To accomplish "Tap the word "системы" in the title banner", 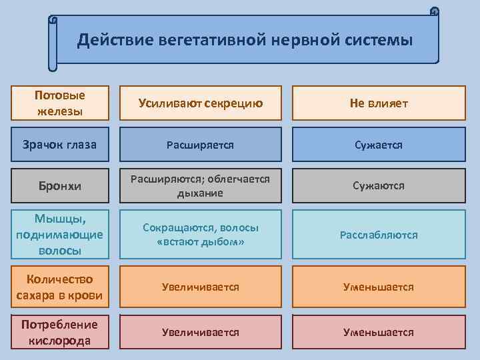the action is click(378, 41).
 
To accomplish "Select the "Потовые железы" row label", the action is click(60, 103).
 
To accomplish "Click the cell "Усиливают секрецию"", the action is click(200, 103).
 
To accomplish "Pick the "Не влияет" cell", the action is click(378, 103).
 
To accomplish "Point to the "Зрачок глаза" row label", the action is click(60, 144).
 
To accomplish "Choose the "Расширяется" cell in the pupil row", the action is click(200, 144).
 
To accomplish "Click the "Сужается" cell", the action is click(378, 144).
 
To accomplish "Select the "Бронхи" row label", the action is click(60, 185).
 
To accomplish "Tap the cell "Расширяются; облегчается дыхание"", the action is click(200, 185).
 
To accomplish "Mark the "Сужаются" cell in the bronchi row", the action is click(378, 185).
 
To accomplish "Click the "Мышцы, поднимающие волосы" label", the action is click(60, 234).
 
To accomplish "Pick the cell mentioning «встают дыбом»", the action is click(200, 234).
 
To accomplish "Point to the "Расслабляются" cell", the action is click(378, 234).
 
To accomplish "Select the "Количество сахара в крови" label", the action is click(60, 287).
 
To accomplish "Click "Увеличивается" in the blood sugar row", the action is click(200, 287).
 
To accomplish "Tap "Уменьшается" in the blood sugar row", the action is click(378, 287).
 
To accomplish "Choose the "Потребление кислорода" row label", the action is click(60, 332).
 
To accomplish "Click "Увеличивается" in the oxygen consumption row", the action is click(200, 332).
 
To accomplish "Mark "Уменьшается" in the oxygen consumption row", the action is click(378, 332).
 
